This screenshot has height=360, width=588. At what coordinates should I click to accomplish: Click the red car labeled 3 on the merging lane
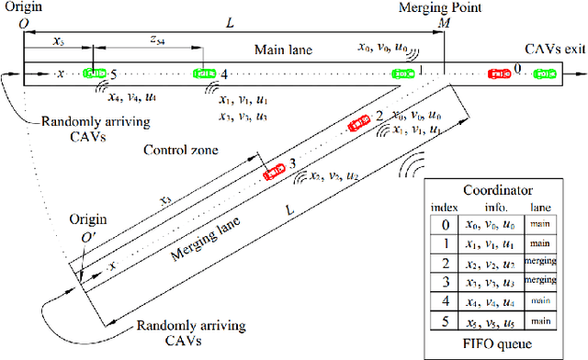pos(274,171)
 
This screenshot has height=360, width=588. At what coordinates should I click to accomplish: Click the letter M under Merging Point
pos(445,21)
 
